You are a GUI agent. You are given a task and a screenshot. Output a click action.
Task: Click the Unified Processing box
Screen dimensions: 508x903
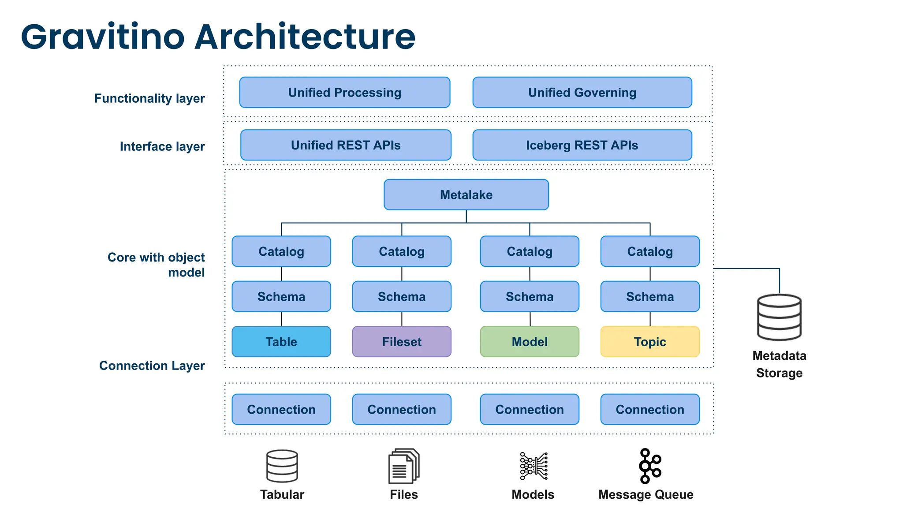pos(344,93)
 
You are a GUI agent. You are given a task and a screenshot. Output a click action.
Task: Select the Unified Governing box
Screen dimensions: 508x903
pos(582,93)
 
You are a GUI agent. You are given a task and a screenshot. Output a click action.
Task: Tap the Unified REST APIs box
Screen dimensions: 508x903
pos(346,145)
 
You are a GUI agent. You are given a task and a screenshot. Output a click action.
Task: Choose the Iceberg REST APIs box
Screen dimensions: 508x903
pos(582,145)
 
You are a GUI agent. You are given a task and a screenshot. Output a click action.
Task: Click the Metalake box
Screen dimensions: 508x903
pos(466,194)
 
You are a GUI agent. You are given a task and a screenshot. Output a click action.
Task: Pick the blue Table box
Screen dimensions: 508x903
pos(281,342)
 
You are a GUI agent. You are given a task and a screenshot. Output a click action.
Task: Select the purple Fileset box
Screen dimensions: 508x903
pos(402,342)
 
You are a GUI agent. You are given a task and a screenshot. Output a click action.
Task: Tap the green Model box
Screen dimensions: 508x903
pos(530,342)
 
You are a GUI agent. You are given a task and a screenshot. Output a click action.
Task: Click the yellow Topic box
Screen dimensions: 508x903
pos(650,342)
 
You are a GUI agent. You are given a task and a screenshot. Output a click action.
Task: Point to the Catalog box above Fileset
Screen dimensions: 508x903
pos(402,251)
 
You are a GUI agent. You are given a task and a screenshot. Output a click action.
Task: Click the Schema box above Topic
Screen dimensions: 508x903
pos(650,297)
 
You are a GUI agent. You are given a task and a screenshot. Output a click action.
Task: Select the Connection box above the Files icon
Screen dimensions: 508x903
pos(402,410)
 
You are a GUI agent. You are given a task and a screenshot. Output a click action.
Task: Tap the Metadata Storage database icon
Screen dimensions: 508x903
pos(779,317)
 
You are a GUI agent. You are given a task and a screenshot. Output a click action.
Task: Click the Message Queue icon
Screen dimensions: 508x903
pos(649,466)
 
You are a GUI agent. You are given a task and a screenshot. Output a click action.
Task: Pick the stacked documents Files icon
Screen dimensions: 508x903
pos(403,466)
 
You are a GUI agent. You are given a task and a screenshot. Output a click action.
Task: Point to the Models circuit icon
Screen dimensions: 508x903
pos(534,466)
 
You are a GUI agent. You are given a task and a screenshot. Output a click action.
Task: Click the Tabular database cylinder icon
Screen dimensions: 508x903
pos(282,466)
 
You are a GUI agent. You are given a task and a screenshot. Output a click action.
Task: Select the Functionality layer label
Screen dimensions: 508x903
pos(149,98)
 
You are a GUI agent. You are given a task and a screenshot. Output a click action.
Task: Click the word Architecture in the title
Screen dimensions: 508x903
pos(305,37)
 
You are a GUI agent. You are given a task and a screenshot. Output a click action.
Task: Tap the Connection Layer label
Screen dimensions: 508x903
pos(152,366)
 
